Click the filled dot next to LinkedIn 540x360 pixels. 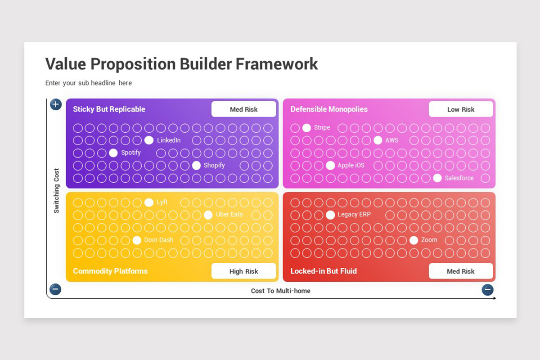point(149,140)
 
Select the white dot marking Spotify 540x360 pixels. point(113,153)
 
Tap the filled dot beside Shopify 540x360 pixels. point(197,166)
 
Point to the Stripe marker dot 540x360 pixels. point(306,128)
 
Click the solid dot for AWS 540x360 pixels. point(378,140)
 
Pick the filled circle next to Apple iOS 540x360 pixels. point(330,166)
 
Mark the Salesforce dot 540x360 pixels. point(437,178)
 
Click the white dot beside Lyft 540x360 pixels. point(149,202)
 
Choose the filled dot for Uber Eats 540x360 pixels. point(208,215)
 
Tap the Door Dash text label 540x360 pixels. point(158,240)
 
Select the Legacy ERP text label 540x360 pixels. point(354,214)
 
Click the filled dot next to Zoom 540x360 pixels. point(414,240)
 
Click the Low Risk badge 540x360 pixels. point(461,109)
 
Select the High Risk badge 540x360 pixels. point(244,271)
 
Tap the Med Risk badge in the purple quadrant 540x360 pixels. point(244,109)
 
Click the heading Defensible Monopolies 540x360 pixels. point(329,109)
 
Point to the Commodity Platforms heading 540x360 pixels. point(110,271)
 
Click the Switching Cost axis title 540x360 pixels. point(56,191)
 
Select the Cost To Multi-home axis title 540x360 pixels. point(281,291)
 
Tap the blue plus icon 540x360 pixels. point(56,105)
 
